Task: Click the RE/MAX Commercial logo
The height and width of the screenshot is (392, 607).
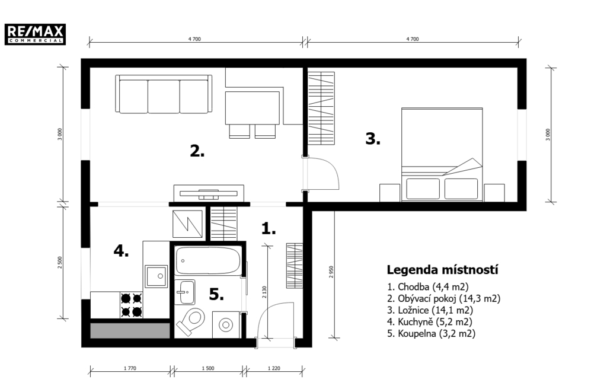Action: tap(35, 34)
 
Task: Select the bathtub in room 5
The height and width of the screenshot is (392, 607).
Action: tap(207, 261)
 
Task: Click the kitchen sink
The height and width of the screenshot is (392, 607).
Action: tap(156, 276)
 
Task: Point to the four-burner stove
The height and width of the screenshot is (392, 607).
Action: tap(131, 305)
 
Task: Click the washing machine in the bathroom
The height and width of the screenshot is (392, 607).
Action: tap(226, 324)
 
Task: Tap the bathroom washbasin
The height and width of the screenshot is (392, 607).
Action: tap(185, 292)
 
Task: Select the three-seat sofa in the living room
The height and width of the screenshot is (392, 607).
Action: tap(164, 94)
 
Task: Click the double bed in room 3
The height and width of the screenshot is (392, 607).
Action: tap(442, 154)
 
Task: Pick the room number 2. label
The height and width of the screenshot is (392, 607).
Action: tap(197, 151)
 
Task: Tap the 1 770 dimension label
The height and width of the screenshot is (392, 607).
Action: tap(130, 368)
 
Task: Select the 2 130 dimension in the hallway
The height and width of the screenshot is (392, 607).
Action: tap(264, 292)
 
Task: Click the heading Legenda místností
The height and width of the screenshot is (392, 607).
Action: tap(442, 270)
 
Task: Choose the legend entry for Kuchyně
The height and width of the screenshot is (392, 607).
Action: tap(430, 321)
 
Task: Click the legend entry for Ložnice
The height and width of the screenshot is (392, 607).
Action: tap(430, 310)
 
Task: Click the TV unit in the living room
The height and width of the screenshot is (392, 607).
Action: tap(209, 193)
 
